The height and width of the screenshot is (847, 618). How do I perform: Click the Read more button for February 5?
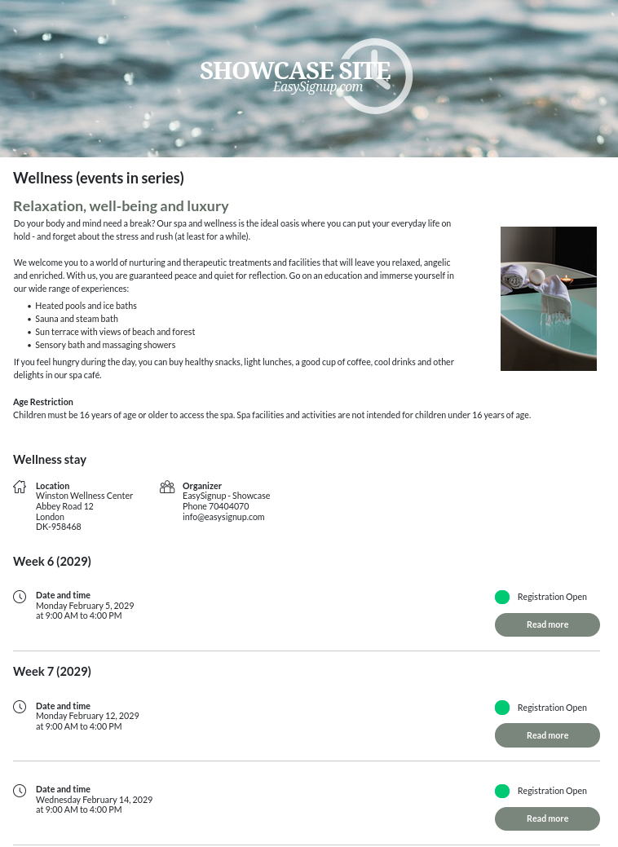pos(547,624)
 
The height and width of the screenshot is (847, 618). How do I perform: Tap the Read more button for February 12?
pos(547,735)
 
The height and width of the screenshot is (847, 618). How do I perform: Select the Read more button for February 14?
pos(547,818)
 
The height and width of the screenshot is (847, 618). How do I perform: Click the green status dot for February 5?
pos(502,597)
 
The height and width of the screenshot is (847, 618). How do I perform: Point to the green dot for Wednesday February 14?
pos(502,791)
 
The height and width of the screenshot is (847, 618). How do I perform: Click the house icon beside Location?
pos(20,487)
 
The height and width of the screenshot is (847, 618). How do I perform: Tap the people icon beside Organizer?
pos(167,487)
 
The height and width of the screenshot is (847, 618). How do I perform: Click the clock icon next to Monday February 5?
pos(20,597)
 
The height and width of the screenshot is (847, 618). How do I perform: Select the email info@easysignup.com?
pos(223,517)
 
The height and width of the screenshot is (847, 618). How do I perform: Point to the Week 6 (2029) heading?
pos(52,562)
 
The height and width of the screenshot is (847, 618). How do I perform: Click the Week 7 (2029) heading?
pos(52,672)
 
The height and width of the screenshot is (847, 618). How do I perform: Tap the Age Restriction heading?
pos(43,402)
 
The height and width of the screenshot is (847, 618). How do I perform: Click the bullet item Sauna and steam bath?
pos(77,319)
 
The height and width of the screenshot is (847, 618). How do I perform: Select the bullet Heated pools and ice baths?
pos(86,306)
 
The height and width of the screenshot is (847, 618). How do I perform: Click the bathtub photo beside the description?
pos(548,298)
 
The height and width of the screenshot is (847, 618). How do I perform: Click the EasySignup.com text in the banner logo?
pos(318,87)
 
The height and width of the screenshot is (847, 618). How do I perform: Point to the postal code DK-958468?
pos(59,527)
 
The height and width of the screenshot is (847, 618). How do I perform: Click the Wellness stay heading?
pos(50,460)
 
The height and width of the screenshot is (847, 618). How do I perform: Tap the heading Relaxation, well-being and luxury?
pos(121,206)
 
